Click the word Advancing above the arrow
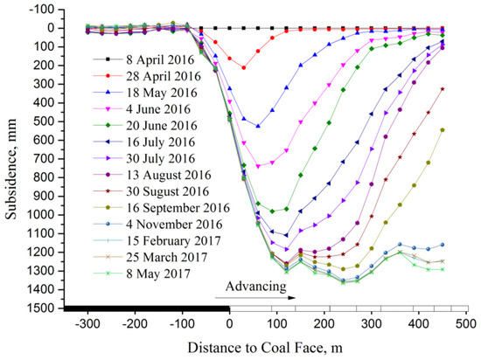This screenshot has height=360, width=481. tap(256, 286)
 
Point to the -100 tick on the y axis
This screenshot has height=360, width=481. tap(40, 9)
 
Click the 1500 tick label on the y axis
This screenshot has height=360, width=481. tap(40, 308)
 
